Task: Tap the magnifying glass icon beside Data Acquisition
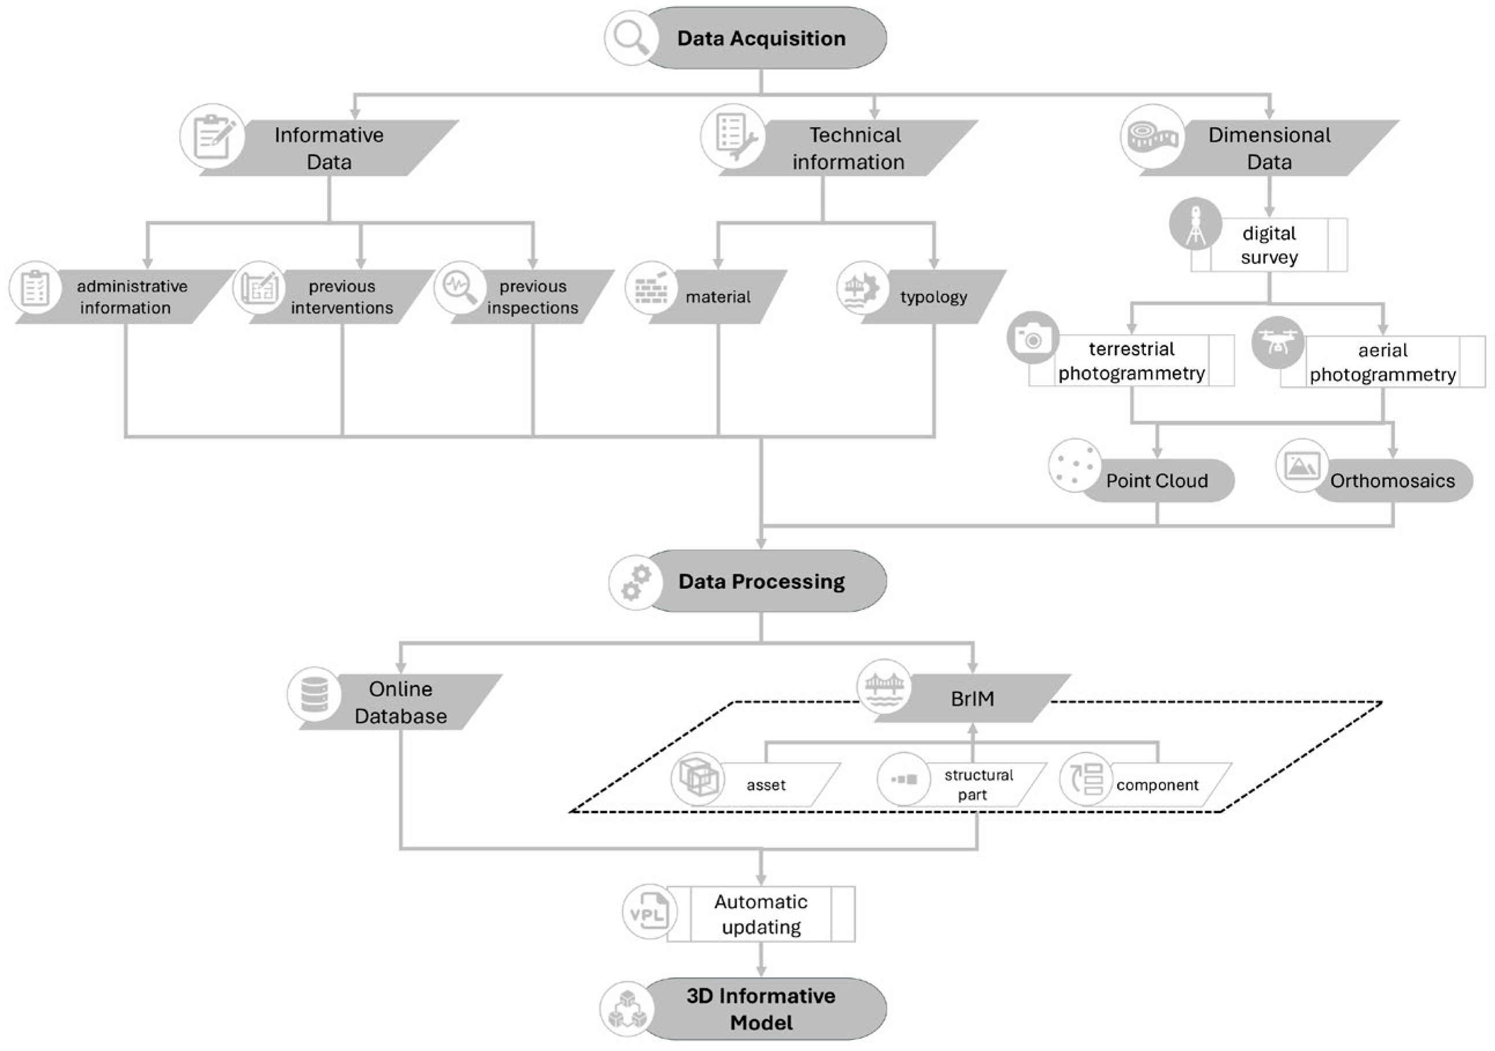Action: click(x=630, y=37)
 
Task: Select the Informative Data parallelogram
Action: click(x=329, y=149)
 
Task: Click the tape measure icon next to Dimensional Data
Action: click(x=1152, y=136)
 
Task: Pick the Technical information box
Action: click(x=848, y=149)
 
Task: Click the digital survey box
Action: click(x=1268, y=245)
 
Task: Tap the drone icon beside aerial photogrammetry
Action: click(x=1277, y=343)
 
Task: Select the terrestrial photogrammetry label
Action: click(x=1131, y=361)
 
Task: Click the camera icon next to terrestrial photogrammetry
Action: click(x=1033, y=338)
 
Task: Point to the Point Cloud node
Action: click(x=1157, y=481)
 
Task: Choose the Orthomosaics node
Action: click(x=1392, y=481)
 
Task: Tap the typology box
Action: click(x=933, y=297)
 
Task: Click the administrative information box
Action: click(x=130, y=297)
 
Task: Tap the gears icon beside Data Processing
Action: click(x=635, y=581)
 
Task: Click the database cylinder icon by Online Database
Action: click(x=315, y=694)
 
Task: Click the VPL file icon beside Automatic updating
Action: click(x=649, y=912)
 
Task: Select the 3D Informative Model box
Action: click(x=761, y=1009)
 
